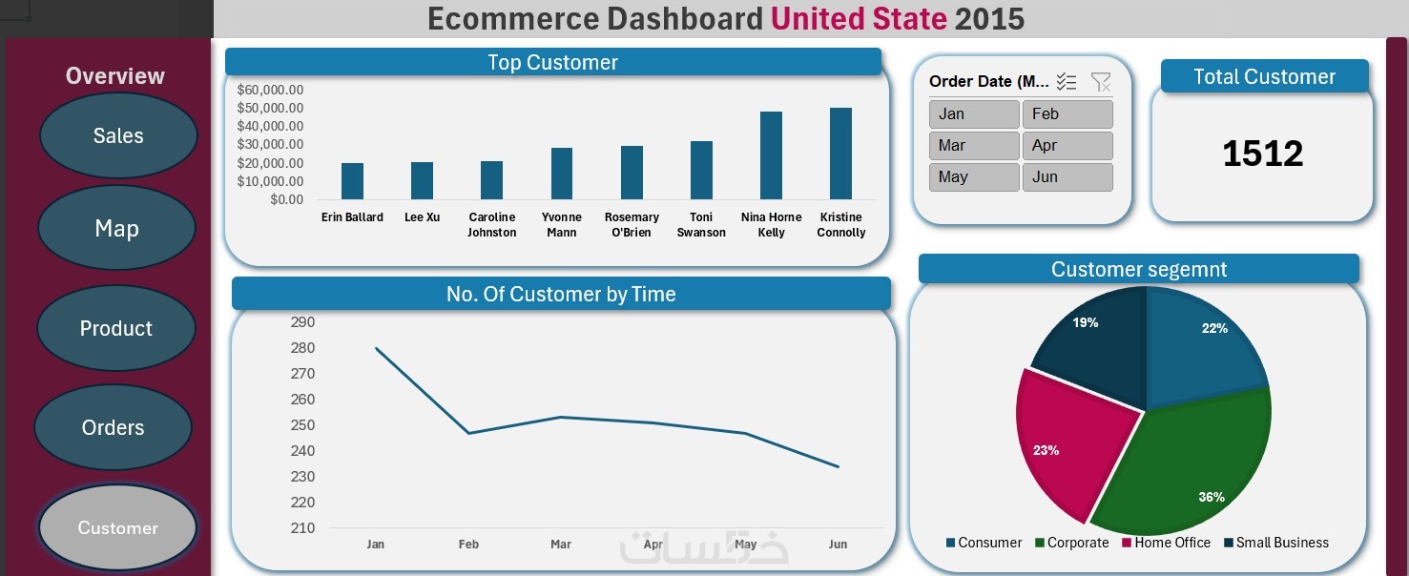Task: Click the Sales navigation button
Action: tap(118, 135)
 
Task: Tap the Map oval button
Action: tap(117, 228)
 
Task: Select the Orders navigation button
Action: tap(114, 427)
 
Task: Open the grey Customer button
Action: tap(117, 527)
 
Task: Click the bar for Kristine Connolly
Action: tap(841, 154)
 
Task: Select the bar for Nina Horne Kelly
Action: tap(771, 155)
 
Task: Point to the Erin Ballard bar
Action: tap(352, 181)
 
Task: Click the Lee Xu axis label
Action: tap(422, 216)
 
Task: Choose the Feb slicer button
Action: tap(1067, 113)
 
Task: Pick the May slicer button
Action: tap(974, 176)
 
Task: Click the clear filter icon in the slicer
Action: tap(1101, 82)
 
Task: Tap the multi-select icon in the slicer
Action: tap(1067, 82)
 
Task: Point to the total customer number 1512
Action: tap(1262, 153)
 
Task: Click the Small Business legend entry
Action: tap(1276, 543)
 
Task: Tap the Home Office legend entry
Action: tap(1166, 543)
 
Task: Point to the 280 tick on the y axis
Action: tap(302, 348)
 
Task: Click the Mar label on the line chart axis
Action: tap(561, 544)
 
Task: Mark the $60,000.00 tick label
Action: tap(270, 90)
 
